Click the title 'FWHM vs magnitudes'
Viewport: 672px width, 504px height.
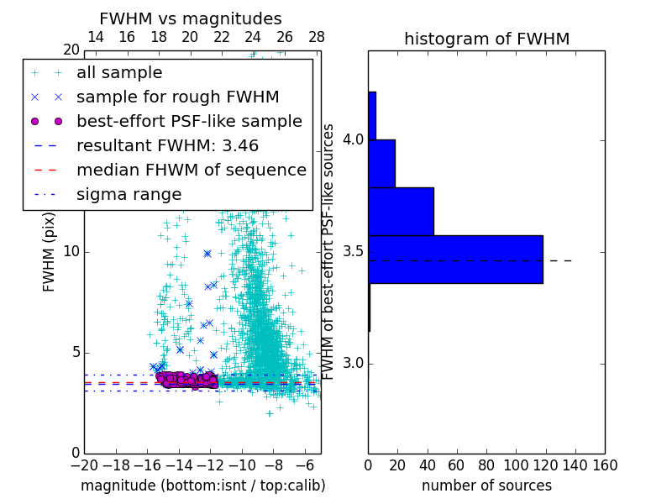pos(191,18)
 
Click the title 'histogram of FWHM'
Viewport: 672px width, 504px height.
pos(486,39)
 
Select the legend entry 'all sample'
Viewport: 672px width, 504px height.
pos(119,73)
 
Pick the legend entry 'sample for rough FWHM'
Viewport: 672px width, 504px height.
pos(177,97)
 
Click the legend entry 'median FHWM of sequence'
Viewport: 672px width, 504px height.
pos(191,171)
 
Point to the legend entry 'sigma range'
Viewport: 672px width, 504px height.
pos(129,195)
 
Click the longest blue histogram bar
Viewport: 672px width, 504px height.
pos(455,260)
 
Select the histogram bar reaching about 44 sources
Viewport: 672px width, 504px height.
pos(401,212)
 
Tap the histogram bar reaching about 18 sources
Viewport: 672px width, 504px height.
pos(381,163)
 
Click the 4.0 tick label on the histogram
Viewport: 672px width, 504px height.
pos(353,139)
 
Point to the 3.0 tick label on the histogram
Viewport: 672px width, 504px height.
pos(353,364)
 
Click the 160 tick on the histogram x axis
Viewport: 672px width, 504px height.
pos(604,465)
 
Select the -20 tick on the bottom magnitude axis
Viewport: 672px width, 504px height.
pos(84,465)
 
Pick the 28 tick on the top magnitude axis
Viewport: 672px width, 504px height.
pos(317,37)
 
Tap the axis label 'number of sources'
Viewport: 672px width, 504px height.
pos(486,486)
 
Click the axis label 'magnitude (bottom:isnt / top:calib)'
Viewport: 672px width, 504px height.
pos(202,486)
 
